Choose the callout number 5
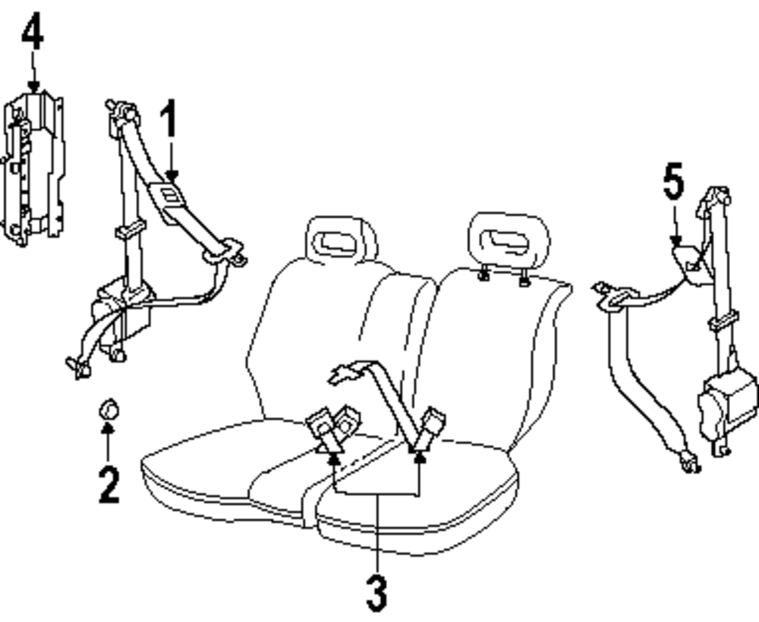(x=673, y=184)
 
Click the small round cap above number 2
(x=109, y=410)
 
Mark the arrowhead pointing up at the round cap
(x=109, y=429)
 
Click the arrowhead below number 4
(x=33, y=86)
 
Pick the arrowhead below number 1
(x=171, y=176)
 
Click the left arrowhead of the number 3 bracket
(x=333, y=454)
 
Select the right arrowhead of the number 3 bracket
(x=418, y=455)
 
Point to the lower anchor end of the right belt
(x=690, y=461)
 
